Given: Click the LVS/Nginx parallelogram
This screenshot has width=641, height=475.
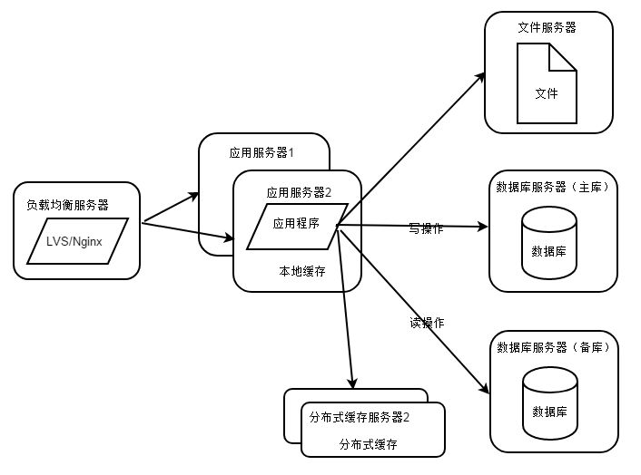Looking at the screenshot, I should coord(76,242).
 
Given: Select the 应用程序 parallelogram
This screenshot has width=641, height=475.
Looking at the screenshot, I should coord(297,221).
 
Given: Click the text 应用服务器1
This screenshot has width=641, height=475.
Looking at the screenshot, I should coord(261,152).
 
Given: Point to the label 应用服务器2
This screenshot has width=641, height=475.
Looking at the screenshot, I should coord(299,192).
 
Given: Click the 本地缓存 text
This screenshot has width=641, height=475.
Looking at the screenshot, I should coord(299,270).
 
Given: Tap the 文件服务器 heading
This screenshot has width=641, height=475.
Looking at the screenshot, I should coord(547,27).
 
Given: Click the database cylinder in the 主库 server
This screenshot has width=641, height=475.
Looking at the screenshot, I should coord(549,242).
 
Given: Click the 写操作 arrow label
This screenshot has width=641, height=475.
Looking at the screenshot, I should coord(426,228).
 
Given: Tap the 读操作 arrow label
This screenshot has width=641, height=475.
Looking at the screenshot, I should coord(426,323).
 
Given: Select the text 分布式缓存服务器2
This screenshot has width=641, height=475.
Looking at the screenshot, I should coord(360,418).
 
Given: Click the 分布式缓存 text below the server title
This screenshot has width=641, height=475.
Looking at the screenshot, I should coord(368,444).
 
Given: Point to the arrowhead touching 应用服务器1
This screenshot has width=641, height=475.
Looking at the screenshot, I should coord(194,194).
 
